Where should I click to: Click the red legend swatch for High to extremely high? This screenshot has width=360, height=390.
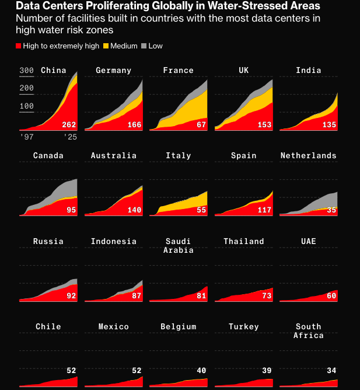point(19,46)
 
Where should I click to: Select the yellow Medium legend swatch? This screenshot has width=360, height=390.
point(106,46)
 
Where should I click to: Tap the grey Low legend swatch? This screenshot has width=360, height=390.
point(144,46)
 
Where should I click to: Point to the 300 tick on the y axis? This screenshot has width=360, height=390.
point(27,71)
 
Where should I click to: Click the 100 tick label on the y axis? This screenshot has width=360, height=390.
point(27,106)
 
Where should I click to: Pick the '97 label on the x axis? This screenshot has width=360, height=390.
point(27,137)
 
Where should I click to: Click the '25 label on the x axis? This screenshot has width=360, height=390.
point(70,137)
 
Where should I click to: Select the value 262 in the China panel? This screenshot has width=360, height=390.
point(69,125)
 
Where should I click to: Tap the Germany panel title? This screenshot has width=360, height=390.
point(114,71)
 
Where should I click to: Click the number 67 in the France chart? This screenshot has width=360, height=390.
point(201,125)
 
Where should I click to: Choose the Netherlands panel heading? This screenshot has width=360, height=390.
point(308,156)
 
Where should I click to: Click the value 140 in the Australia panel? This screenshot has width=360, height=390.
point(134,210)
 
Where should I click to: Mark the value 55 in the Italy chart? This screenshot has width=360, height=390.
point(201,210)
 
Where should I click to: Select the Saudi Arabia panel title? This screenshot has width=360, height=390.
point(179,246)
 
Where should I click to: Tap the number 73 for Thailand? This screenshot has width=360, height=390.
point(267,296)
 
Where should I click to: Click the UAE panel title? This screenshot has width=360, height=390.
point(309,241)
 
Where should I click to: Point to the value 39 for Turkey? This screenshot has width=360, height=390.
point(267,371)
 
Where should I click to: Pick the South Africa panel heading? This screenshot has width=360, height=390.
point(309,331)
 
